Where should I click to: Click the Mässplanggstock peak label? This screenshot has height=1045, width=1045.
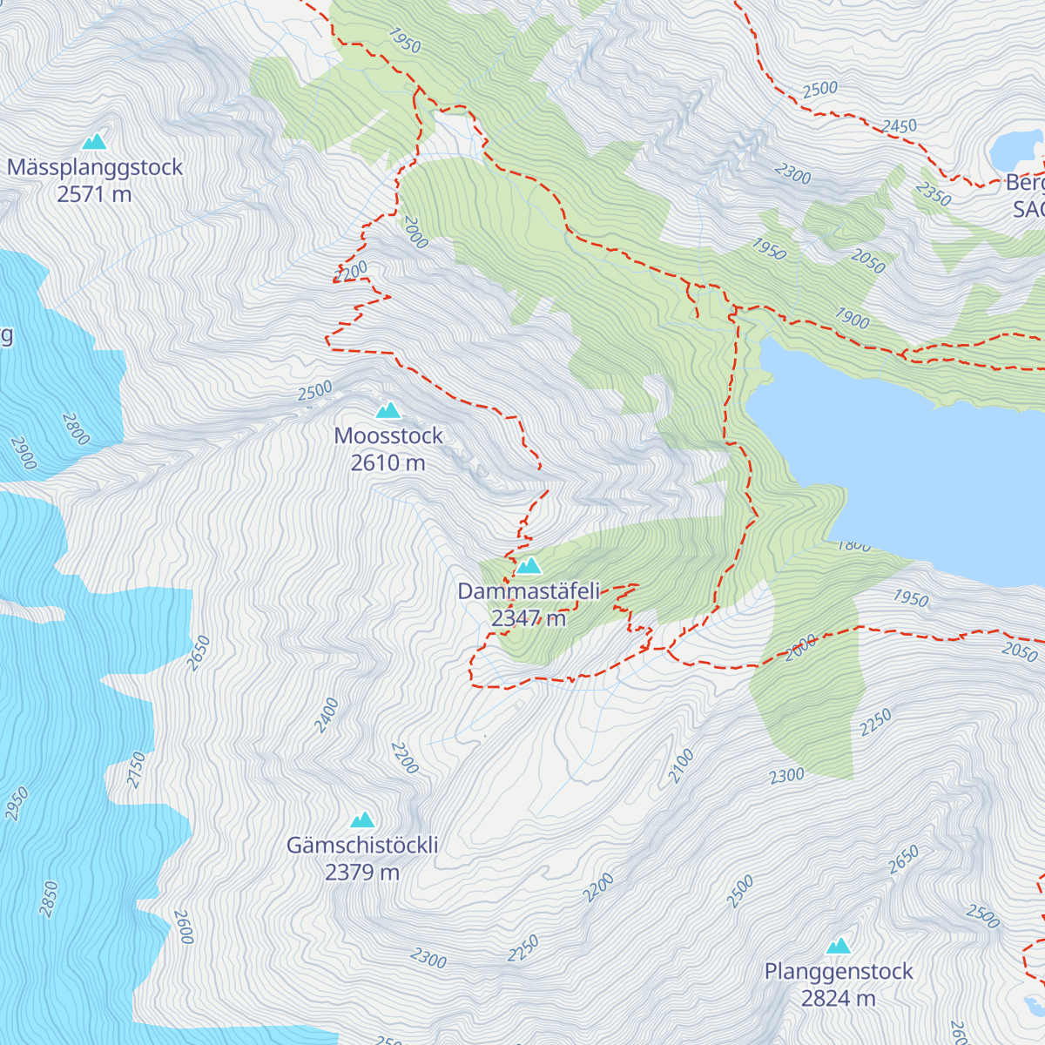pyautogui.click(x=95, y=167)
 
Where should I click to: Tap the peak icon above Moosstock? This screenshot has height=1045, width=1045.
pyautogui.click(x=388, y=410)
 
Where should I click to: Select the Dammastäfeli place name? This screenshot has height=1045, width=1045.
pyautogui.click(x=529, y=592)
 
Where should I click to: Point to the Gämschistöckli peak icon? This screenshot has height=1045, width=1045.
pyautogui.click(x=362, y=819)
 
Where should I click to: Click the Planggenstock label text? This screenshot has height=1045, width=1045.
pyautogui.click(x=839, y=972)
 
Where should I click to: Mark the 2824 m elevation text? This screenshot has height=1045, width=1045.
pyautogui.click(x=839, y=999)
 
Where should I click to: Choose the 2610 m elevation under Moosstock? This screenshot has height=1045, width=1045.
pyautogui.click(x=388, y=463)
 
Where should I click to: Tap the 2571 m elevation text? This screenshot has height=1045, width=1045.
pyautogui.click(x=95, y=194)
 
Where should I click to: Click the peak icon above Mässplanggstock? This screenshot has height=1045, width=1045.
pyautogui.click(x=94, y=141)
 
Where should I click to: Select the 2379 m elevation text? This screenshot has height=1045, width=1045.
pyautogui.click(x=362, y=873)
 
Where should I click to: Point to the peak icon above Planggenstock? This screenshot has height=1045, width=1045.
pyautogui.click(x=839, y=946)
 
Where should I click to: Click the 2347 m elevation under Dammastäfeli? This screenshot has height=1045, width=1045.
pyautogui.click(x=529, y=619)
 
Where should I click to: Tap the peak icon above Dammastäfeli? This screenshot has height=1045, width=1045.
pyautogui.click(x=529, y=566)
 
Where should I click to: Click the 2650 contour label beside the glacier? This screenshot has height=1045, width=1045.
pyautogui.click(x=199, y=652)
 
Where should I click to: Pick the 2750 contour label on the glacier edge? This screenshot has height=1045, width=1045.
pyautogui.click(x=137, y=770)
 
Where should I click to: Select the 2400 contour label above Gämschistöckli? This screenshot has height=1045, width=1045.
pyautogui.click(x=327, y=715)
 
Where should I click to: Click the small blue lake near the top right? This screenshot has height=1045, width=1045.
pyautogui.click(x=1015, y=150)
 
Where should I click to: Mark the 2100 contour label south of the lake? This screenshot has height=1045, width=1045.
pyautogui.click(x=681, y=765)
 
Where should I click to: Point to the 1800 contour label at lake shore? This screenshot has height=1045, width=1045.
pyautogui.click(x=853, y=545)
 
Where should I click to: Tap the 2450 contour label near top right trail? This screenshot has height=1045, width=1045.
pyautogui.click(x=899, y=126)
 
